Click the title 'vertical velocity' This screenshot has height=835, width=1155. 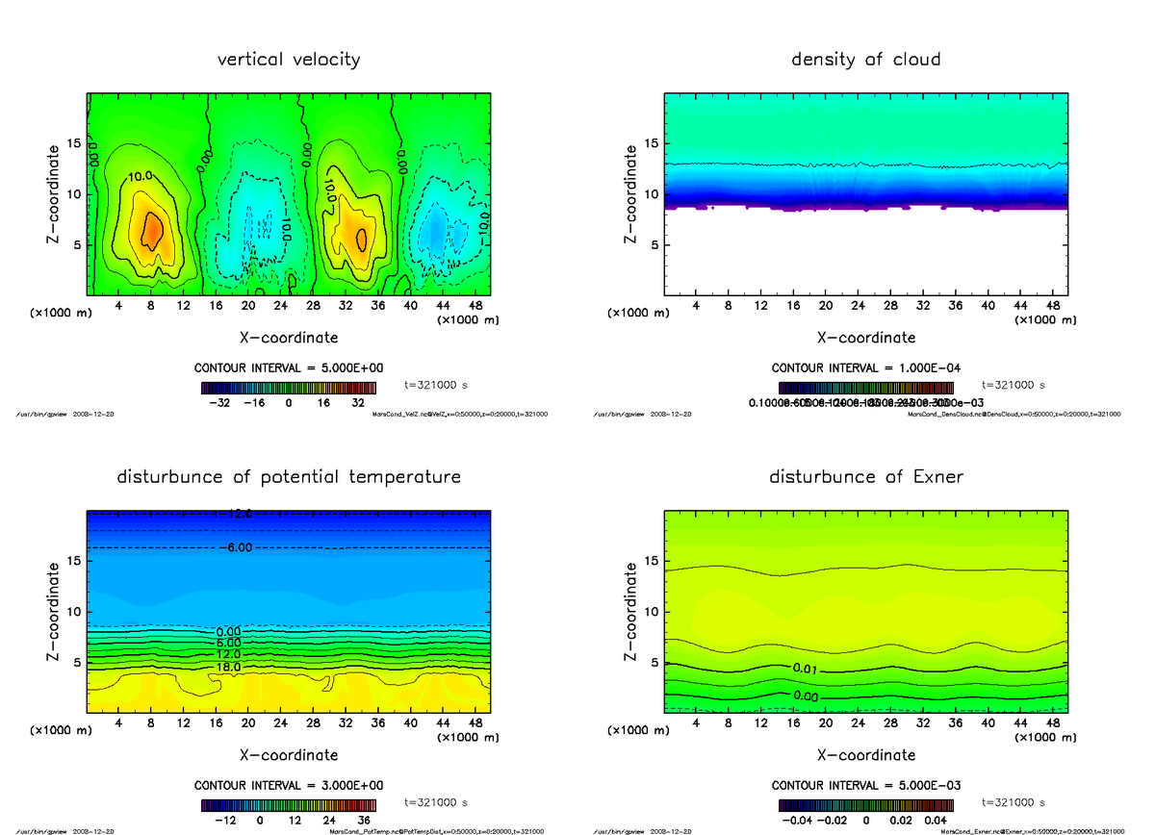(x=289, y=60)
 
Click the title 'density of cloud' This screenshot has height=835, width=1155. (x=865, y=60)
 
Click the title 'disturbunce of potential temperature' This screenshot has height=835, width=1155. (x=289, y=477)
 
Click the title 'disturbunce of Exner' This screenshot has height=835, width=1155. (x=865, y=477)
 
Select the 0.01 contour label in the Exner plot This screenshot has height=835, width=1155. (x=807, y=668)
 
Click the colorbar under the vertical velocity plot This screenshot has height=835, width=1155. (x=289, y=388)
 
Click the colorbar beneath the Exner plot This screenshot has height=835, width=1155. (x=865, y=805)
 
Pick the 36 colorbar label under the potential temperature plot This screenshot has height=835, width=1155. (x=365, y=821)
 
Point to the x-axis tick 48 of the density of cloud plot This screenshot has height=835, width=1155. (x=1053, y=306)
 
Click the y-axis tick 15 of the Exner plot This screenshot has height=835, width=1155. (x=651, y=561)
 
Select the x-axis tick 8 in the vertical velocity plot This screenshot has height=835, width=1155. (x=151, y=306)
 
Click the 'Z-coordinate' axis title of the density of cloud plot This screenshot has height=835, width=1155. (x=631, y=194)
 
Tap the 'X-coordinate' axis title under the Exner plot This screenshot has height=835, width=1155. (x=865, y=755)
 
